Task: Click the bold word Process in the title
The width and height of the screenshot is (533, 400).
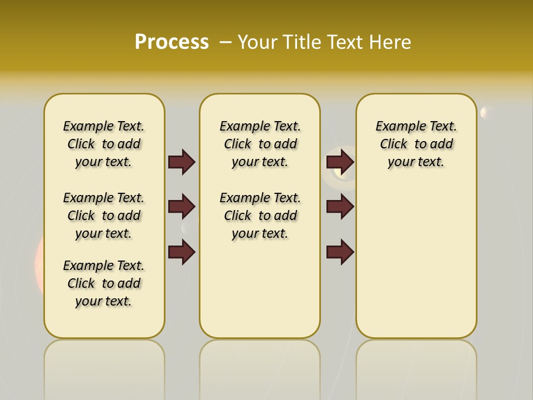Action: pos(172,42)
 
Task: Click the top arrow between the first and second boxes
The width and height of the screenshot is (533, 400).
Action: pos(182,162)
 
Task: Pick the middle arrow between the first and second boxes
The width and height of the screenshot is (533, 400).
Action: pos(182,207)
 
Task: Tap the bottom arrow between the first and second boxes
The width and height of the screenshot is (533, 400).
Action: pos(182,252)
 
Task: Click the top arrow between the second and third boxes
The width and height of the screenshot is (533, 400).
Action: pos(340,162)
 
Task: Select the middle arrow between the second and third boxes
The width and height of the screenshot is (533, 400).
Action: pos(340,207)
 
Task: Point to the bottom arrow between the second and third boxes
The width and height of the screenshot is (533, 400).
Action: pos(340,252)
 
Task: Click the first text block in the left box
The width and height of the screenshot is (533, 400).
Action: pos(104,144)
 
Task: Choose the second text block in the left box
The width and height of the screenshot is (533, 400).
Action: pos(104,216)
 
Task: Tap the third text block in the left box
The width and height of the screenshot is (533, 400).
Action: pos(104,283)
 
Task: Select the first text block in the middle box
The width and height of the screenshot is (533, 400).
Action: pos(260,144)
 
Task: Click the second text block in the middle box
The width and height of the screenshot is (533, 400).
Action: pos(260,216)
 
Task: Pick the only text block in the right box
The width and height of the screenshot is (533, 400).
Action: pos(416,144)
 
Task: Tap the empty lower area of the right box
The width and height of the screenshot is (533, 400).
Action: pos(416,267)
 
